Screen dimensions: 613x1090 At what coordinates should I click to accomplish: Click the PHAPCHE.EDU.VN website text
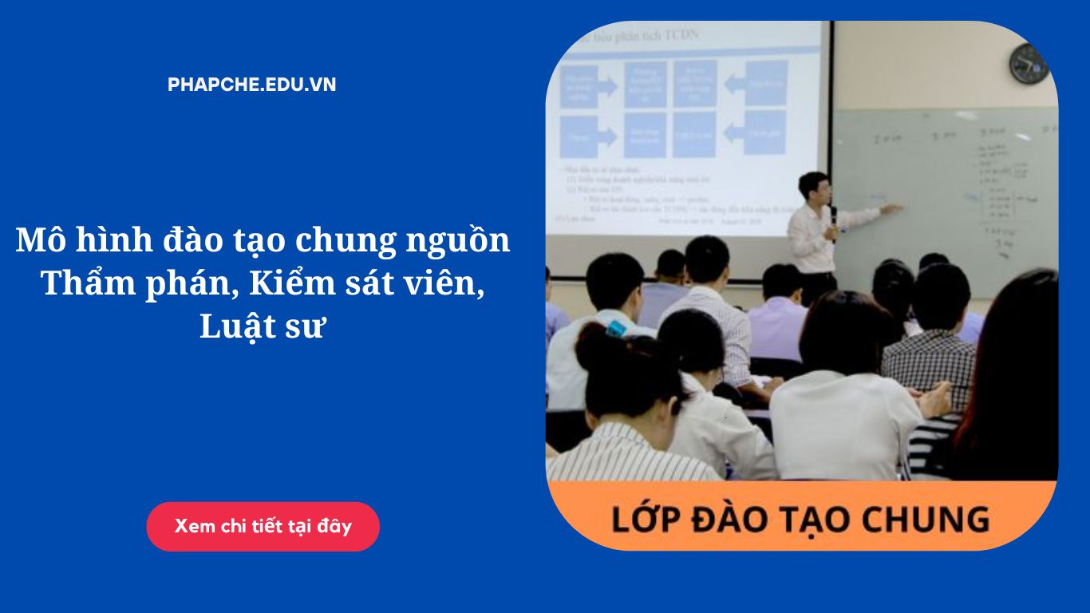[x=252, y=85]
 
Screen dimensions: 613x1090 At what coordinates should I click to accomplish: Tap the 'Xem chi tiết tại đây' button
[x=263, y=527]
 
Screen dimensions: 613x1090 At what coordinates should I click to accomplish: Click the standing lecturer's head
[x=813, y=188]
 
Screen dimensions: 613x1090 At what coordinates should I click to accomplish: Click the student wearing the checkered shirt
[x=930, y=359]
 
